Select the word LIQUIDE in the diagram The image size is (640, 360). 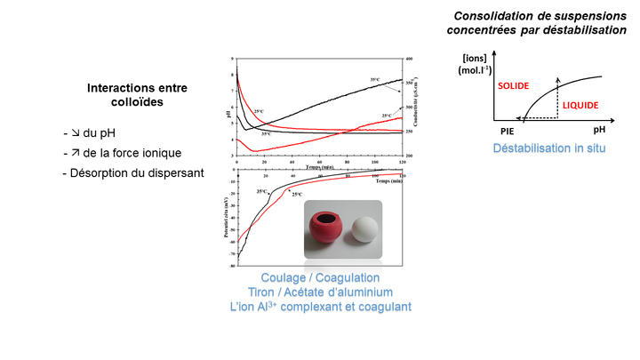point(582,105)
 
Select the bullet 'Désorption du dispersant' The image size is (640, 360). point(132,172)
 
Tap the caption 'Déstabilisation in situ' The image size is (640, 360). point(550,146)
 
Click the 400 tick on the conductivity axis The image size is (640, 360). point(410,59)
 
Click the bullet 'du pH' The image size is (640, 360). point(95,132)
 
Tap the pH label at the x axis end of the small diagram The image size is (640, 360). point(612,130)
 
